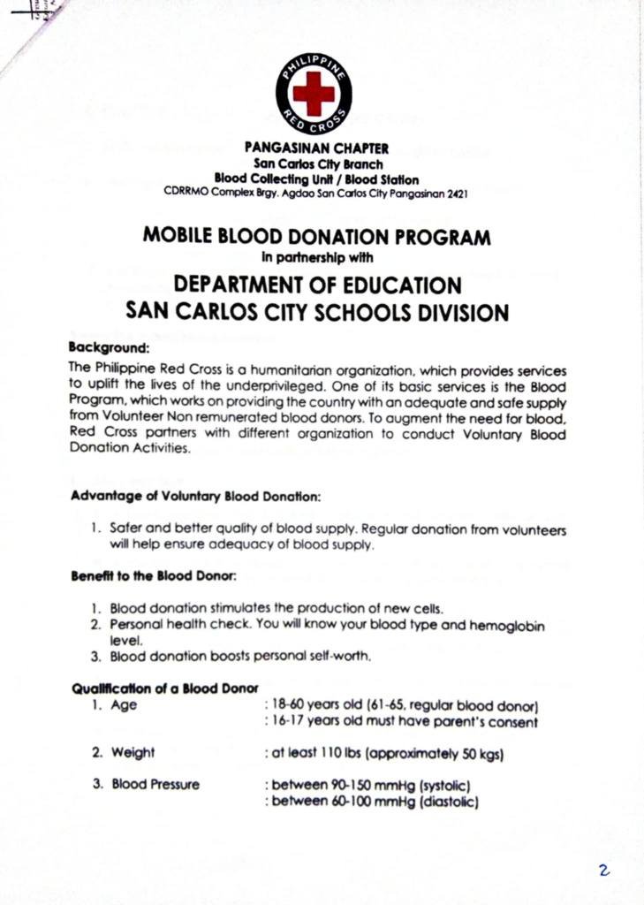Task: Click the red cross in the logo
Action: pos(314,91)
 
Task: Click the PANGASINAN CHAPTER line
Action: pos(316,148)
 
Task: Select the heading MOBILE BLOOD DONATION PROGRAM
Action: pos(316,238)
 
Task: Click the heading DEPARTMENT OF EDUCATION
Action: pos(317,285)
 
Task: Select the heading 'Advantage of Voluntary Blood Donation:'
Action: pos(195,496)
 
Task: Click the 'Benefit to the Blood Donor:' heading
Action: pos(153,577)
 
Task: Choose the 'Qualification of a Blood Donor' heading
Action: pos(164,688)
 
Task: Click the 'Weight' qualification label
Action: pos(133,753)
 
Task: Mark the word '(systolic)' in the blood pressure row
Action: pos(448,786)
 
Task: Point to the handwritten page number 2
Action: pos(603,871)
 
